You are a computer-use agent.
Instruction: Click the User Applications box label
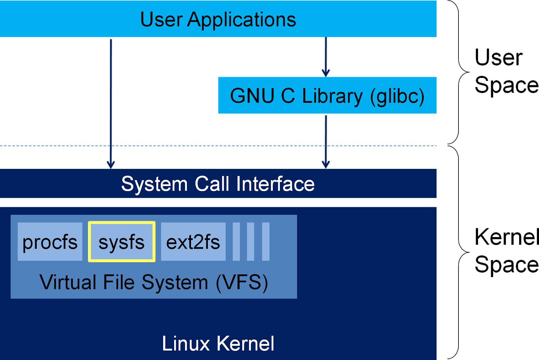point(218,20)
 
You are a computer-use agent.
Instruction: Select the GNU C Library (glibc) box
point(327,95)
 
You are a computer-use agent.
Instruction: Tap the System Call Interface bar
point(218,184)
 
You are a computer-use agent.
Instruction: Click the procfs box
point(50,242)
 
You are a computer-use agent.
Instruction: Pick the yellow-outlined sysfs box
point(122,242)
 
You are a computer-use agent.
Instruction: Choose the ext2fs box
point(193,242)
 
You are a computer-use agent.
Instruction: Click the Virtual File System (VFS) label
point(154,282)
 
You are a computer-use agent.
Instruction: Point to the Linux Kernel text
point(218,343)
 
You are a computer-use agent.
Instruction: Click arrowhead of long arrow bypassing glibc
point(111,165)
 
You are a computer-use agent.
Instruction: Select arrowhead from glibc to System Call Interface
point(326,165)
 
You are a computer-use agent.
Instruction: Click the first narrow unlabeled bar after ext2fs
point(236,242)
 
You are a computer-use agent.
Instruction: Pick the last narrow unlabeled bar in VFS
point(266,242)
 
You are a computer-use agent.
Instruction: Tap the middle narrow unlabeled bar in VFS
point(251,242)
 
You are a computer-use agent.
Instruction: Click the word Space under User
point(506,85)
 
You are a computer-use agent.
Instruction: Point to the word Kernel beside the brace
point(506,237)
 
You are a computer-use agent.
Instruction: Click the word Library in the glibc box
point(332,96)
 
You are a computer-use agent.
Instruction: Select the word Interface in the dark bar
point(275,184)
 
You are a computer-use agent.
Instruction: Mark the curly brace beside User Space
point(463,72)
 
